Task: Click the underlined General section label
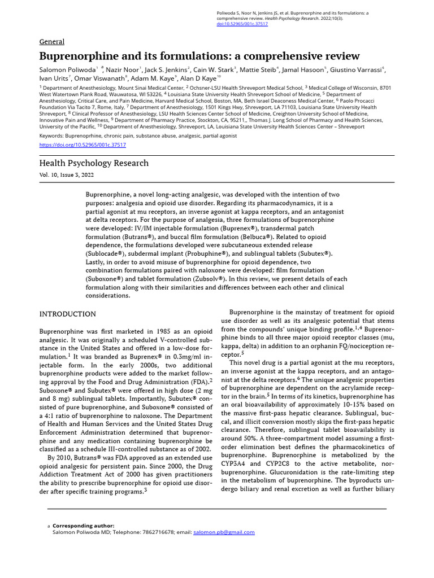pyautogui.click(x=51, y=42)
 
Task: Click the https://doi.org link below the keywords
pyautogui.click(x=83, y=144)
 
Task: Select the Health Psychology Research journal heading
pyautogui.click(x=94, y=163)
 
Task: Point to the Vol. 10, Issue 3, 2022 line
pyautogui.click(x=66, y=175)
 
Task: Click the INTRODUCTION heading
pyautogui.click(x=67, y=314)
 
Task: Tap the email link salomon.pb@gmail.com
pyautogui.click(x=224, y=532)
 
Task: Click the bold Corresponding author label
pyautogui.click(x=83, y=526)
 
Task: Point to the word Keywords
pyautogui.click(x=51, y=136)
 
